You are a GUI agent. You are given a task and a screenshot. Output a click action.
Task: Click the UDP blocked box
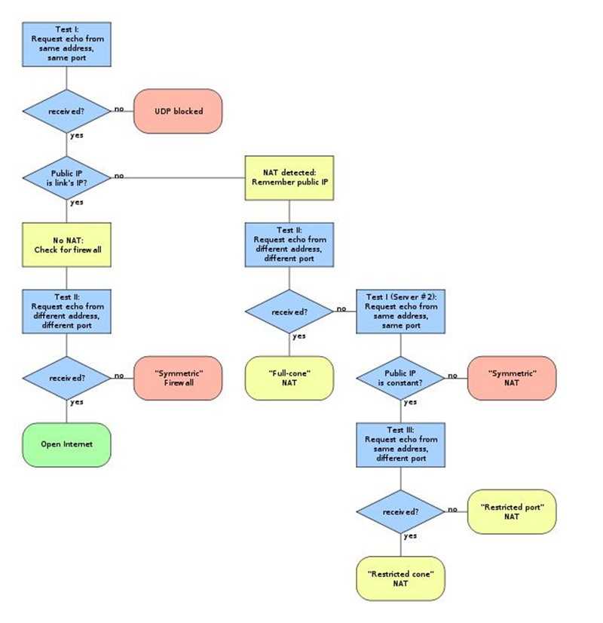(178, 111)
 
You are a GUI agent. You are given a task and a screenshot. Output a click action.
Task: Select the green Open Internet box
(67, 444)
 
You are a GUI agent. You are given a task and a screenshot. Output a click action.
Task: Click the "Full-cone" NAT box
(289, 378)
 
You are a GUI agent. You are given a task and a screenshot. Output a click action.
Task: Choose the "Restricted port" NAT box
(512, 511)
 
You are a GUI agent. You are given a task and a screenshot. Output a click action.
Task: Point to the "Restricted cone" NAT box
(400, 578)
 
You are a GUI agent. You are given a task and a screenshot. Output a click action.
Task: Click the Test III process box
(400, 445)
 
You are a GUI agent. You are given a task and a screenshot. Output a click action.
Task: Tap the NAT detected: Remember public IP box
(289, 178)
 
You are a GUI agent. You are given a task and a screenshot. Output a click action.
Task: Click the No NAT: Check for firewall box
(67, 244)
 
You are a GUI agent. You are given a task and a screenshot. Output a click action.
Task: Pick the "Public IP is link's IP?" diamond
(67, 178)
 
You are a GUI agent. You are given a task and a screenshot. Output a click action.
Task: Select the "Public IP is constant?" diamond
(400, 378)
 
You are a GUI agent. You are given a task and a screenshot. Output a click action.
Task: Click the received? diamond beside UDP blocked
(67, 111)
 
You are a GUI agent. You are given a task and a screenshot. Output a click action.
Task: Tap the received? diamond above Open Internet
(67, 378)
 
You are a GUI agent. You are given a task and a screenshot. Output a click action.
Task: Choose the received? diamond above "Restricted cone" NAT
(400, 511)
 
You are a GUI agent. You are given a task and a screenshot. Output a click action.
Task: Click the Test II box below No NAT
(67, 311)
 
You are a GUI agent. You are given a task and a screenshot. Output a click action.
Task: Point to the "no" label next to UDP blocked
(120, 109)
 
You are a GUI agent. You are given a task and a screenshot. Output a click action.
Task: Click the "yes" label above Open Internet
(76, 402)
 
